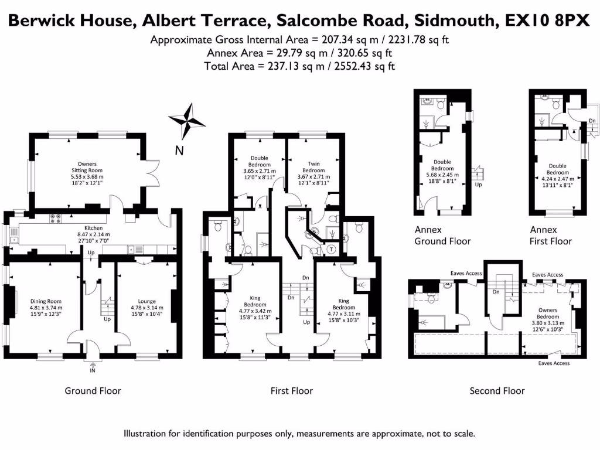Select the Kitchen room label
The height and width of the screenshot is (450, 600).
[93, 228]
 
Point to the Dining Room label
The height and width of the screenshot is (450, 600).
[46, 302]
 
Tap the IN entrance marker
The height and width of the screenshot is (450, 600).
[93, 371]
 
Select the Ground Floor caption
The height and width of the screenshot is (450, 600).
[93, 391]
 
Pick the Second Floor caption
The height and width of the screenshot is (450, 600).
[497, 391]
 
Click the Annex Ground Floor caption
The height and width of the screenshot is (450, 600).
[442, 235]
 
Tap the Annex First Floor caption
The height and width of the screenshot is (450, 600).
[551, 235]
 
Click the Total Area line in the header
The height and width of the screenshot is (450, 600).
[299, 66]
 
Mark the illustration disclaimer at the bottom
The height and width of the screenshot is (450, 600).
[299, 434]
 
